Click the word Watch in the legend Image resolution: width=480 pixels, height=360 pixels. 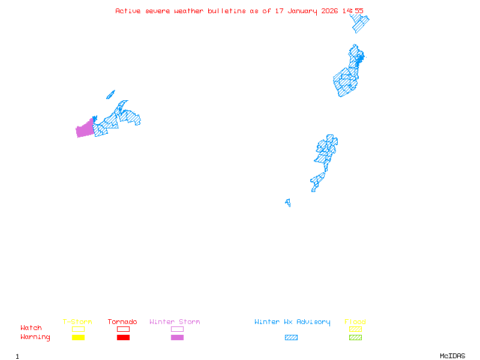(31, 328)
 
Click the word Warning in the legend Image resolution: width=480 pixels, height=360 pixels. (35, 337)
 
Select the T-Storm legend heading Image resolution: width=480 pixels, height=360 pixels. (77, 322)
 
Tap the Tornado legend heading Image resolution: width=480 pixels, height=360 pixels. (122, 322)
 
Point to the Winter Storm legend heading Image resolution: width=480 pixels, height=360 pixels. (175, 322)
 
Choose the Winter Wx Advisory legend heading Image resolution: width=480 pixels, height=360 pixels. (292, 322)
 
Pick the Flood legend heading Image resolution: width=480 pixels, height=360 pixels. (355, 322)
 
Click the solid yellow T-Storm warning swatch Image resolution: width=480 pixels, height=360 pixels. (78, 338)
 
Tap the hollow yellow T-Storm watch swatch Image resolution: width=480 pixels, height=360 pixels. (78, 329)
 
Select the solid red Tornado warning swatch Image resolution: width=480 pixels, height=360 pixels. (123, 338)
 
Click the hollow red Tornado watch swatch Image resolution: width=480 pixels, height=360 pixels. (123, 329)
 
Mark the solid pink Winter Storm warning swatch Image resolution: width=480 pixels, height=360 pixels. (177, 338)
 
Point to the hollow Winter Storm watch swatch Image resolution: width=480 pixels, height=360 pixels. (177, 329)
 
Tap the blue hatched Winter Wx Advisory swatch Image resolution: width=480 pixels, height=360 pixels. (291, 338)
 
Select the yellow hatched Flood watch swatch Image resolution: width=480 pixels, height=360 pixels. (355, 329)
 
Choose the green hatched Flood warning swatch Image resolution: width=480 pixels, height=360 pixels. (355, 338)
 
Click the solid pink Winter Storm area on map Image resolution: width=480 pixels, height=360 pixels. (85, 129)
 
